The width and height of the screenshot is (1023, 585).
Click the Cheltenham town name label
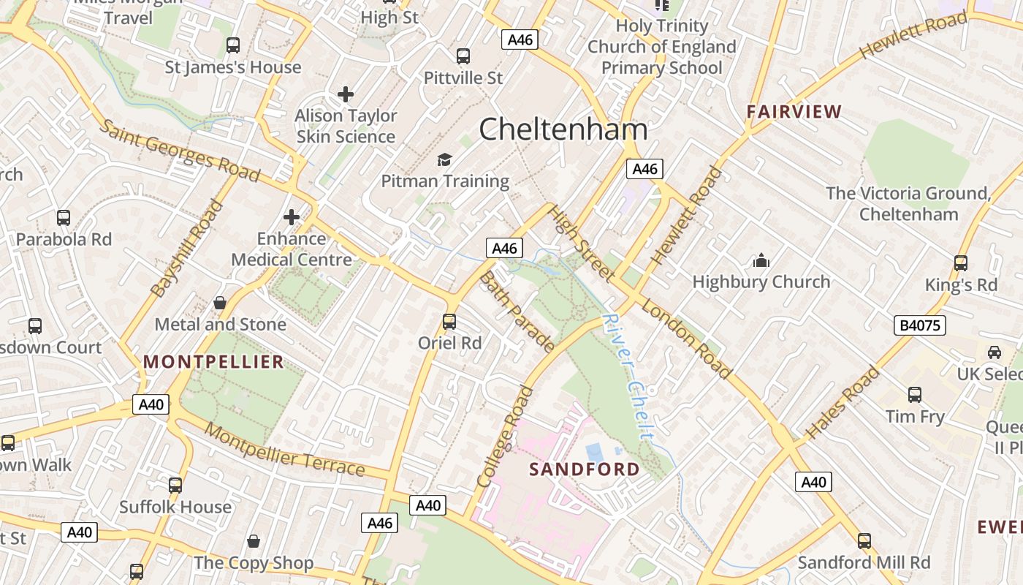click(563, 129)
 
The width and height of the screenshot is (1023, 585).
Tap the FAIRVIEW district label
click(794, 112)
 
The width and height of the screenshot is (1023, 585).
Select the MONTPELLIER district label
click(213, 361)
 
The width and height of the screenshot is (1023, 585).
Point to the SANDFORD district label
click(584, 469)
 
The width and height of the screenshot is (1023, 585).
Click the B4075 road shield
click(919, 325)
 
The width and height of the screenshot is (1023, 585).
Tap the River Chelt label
click(628, 377)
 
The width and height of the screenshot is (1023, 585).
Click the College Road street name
click(505, 437)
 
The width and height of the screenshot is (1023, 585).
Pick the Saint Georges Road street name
click(179, 151)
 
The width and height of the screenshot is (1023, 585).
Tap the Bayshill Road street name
click(186, 249)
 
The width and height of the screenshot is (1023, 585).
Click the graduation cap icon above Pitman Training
click(444, 159)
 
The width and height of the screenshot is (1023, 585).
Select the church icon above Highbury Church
click(761, 260)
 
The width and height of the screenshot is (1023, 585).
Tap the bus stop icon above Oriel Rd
click(449, 321)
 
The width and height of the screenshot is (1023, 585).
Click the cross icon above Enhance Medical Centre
click(292, 217)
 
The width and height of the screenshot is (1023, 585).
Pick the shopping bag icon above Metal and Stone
click(219, 303)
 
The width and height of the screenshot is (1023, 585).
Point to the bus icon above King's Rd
click(960, 263)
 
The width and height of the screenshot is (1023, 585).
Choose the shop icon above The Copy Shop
click(253, 541)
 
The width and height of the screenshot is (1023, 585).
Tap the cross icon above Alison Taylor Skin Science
click(346, 94)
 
